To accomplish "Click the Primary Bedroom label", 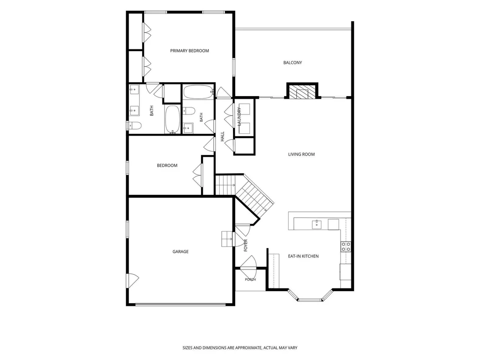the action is [x=189, y=51].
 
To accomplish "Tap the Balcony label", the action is [x=293, y=62].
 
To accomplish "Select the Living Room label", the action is [x=302, y=154].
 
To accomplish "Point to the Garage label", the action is [x=181, y=252].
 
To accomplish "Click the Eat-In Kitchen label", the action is [x=303, y=256].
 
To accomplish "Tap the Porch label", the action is [x=250, y=279].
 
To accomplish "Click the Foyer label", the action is [x=246, y=246].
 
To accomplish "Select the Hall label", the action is [x=223, y=136].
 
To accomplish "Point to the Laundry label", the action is [x=240, y=117].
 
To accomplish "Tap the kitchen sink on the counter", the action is [x=317, y=225].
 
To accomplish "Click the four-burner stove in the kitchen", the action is [x=346, y=247].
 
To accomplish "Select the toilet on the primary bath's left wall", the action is [x=134, y=126].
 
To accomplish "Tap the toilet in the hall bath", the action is [x=189, y=111].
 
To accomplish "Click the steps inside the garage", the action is [x=227, y=239].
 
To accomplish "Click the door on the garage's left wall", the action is [x=132, y=280].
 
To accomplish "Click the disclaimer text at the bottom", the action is [x=240, y=348].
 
